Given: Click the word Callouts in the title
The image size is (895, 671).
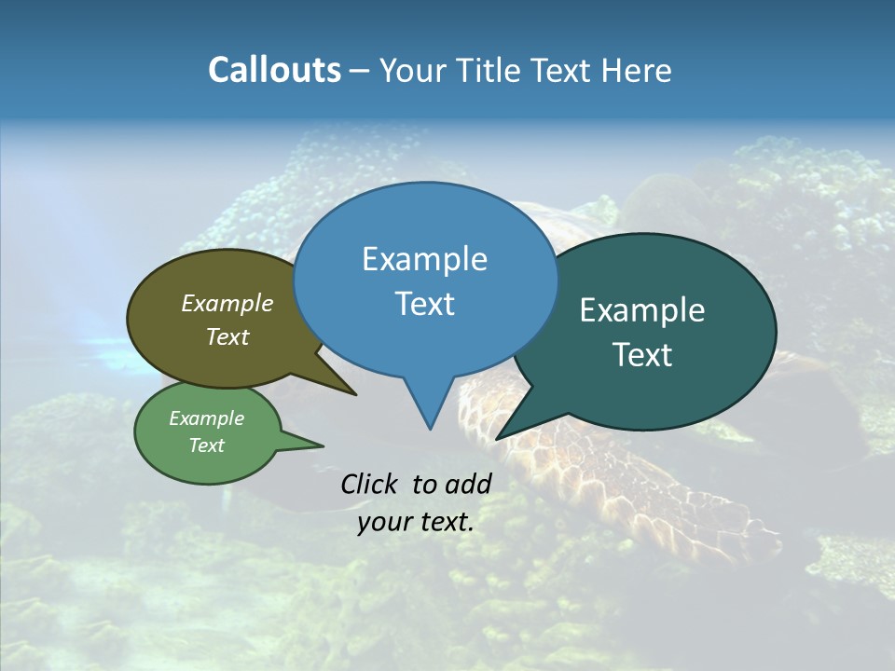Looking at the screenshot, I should pyautogui.click(x=274, y=70).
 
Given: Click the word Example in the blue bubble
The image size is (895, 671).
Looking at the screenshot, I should pyautogui.click(x=424, y=259).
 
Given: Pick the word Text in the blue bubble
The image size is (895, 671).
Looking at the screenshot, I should pyautogui.click(x=424, y=304).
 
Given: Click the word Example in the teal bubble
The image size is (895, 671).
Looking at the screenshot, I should pyautogui.click(x=642, y=310).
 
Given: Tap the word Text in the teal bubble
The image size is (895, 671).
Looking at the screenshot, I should pyautogui.click(x=642, y=355).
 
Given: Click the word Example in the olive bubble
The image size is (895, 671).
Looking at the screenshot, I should pyautogui.click(x=227, y=303).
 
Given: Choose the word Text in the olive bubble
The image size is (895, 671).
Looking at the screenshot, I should pyautogui.click(x=227, y=336).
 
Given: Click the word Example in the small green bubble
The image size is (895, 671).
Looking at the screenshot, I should pyautogui.click(x=206, y=418).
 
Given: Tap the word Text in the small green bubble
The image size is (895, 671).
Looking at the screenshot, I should pyautogui.click(x=206, y=445).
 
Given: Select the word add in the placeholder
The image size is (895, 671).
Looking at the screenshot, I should pyautogui.click(x=469, y=484).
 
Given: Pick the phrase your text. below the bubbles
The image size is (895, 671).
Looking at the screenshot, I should pyautogui.click(x=416, y=522).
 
